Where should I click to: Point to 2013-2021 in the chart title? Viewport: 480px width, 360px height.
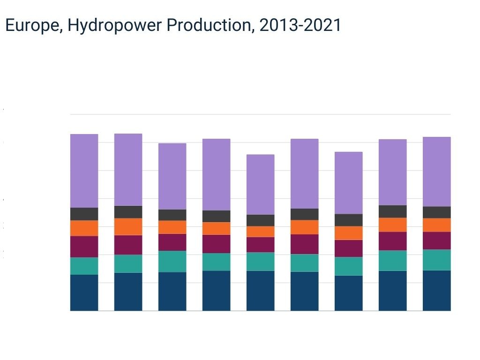tap(300, 26)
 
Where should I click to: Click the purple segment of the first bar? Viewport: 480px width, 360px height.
tap(84, 171)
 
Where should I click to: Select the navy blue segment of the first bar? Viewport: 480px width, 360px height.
tap(84, 292)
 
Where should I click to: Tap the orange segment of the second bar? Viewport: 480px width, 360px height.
tap(128, 226)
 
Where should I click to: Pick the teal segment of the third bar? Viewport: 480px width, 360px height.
tap(172, 261)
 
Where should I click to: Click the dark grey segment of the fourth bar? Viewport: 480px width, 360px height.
tap(216, 216)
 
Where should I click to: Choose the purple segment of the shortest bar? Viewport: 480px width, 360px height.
tap(260, 184)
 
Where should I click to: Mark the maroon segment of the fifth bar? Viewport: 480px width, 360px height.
tap(260, 244)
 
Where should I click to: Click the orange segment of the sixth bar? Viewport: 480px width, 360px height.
tap(304, 227)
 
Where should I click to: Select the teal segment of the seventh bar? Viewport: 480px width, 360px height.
tap(348, 266)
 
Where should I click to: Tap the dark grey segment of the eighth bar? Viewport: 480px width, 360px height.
tap(392, 211)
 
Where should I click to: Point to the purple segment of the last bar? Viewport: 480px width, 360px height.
tap(436, 172)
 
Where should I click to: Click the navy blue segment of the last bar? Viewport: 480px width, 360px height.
tap(436, 290)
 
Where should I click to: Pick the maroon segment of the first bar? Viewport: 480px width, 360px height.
tap(84, 247)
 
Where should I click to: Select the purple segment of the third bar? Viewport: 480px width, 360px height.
tap(172, 176)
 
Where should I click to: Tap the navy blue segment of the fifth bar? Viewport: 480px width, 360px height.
tap(260, 291)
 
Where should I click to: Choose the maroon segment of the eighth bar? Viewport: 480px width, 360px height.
tap(392, 241)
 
